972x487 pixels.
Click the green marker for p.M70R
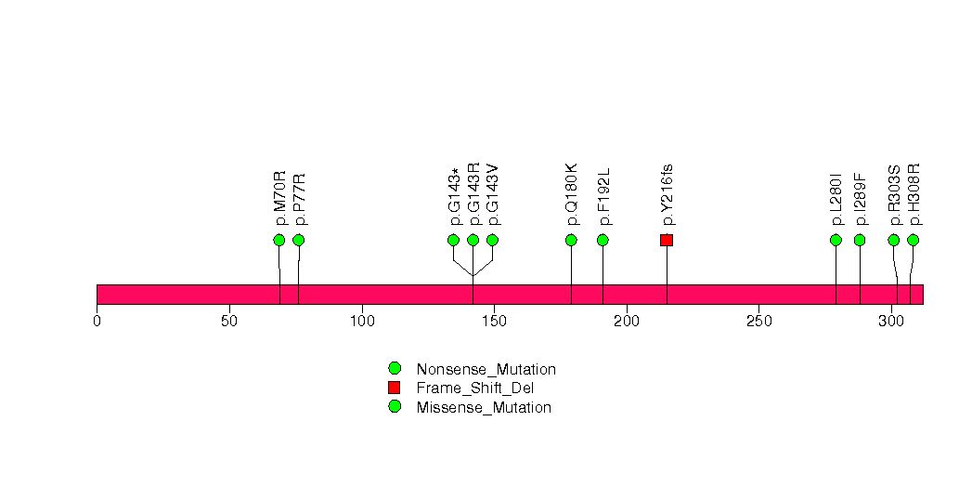(279, 240)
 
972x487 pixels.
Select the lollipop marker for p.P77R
(298, 240)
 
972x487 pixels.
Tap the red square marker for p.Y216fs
(667, 240)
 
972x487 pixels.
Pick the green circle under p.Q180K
(571, 240)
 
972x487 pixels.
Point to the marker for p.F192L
(603, 240)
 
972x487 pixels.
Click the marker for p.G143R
(473, 240)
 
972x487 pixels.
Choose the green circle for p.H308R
(913, 240)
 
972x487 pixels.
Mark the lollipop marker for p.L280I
(836, 240)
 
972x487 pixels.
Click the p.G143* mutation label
(454, 196)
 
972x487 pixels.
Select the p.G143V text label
(493, 195)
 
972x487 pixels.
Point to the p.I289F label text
(860, 199)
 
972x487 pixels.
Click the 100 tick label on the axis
(362, 322)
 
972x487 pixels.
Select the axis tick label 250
(759, 322)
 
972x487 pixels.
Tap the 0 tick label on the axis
(97, 322)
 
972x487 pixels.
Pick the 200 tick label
(627, 322)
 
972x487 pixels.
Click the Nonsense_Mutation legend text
(486, 370)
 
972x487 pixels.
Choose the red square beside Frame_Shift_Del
(395, 388)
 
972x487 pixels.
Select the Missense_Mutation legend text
(484, 408)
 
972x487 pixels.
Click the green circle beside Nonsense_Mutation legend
(395, 369)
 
